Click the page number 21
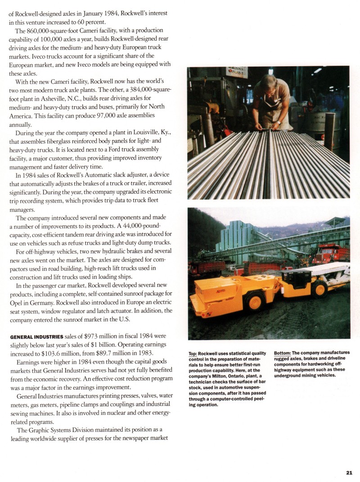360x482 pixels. tap(349, 472)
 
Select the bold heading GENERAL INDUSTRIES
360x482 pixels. tap(37, 336)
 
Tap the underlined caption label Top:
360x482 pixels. tap(193, 353)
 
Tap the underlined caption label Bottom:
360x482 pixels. tap(282, 353)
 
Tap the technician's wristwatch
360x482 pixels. tap(279, 122)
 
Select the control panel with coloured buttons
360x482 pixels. tap(237, 72)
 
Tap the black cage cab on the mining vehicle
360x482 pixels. tap(297, 279)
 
